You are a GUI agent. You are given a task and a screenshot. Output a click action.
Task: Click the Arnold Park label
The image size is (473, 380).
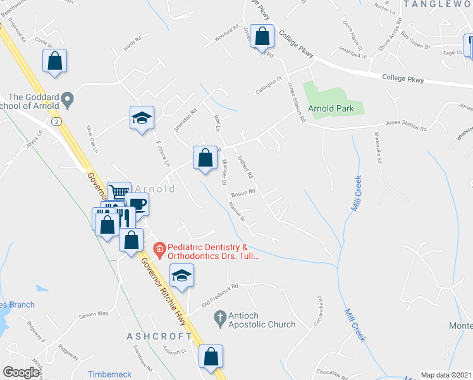(x=336, y=108)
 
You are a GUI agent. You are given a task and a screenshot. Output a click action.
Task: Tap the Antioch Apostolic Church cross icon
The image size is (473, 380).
(x=220, y=316)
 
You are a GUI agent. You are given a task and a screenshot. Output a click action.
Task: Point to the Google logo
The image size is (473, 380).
(x=21, y=372)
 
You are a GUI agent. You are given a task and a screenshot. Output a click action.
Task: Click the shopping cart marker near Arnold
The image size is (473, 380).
(x=118, y=192)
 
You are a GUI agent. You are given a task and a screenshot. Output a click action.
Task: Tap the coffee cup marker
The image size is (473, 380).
(x=137, y=205)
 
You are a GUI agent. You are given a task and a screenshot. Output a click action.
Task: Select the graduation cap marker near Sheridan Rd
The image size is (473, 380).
(x=142, y=118)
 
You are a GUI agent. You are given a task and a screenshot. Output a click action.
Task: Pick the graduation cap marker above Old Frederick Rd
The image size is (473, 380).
(x=181, y=275)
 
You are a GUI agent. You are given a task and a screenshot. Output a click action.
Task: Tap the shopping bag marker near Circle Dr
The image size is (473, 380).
(x=55, y=62)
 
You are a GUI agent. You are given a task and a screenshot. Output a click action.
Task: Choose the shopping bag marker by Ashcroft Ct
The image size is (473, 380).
(x=211, y=357)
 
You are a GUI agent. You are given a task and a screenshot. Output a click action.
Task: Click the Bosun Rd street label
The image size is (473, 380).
(x=243, y=193)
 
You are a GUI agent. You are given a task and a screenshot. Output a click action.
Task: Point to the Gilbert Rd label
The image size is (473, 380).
(x=245, y=167)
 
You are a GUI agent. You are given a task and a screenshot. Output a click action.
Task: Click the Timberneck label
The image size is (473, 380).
(x=109, y=374)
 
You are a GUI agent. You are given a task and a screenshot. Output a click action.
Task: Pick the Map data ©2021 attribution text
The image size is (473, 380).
(x=446, y=375)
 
